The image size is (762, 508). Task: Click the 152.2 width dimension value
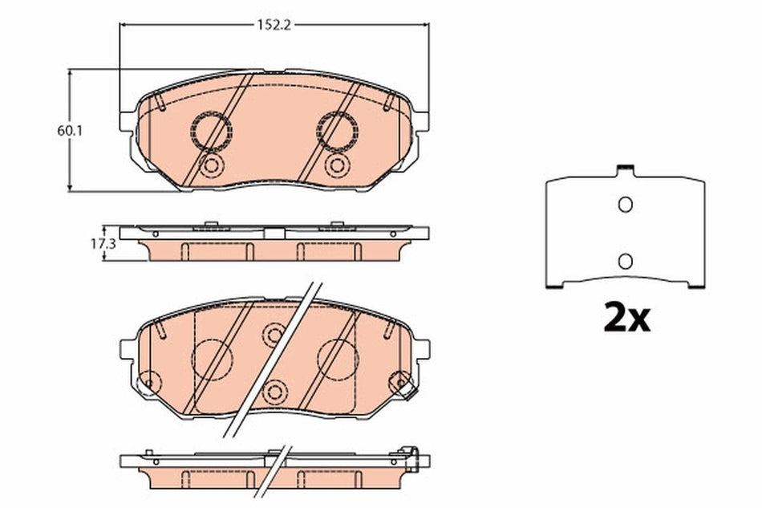pos(273,25)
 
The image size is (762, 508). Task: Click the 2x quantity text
pos(626,319)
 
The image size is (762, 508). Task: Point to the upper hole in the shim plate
pos(625,205)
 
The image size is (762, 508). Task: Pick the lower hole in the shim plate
pos(625,260)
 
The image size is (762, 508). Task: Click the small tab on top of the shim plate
pos(625,170)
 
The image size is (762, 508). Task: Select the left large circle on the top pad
pos(211,130)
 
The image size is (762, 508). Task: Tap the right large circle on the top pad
pos(337,130)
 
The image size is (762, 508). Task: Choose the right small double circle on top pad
pos(337,165)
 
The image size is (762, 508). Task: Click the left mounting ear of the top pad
pos(128,120)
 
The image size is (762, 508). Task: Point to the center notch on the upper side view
pos(274,234)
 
